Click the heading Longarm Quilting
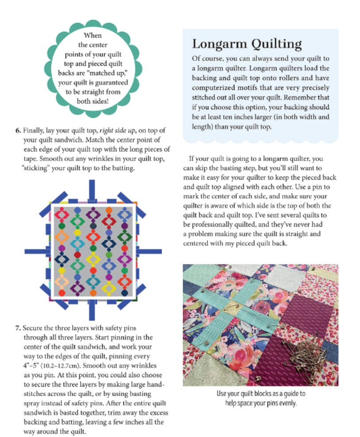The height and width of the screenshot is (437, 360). click(x=247, y=44)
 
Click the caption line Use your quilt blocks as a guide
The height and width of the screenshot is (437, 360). click(x=261, y=393)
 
